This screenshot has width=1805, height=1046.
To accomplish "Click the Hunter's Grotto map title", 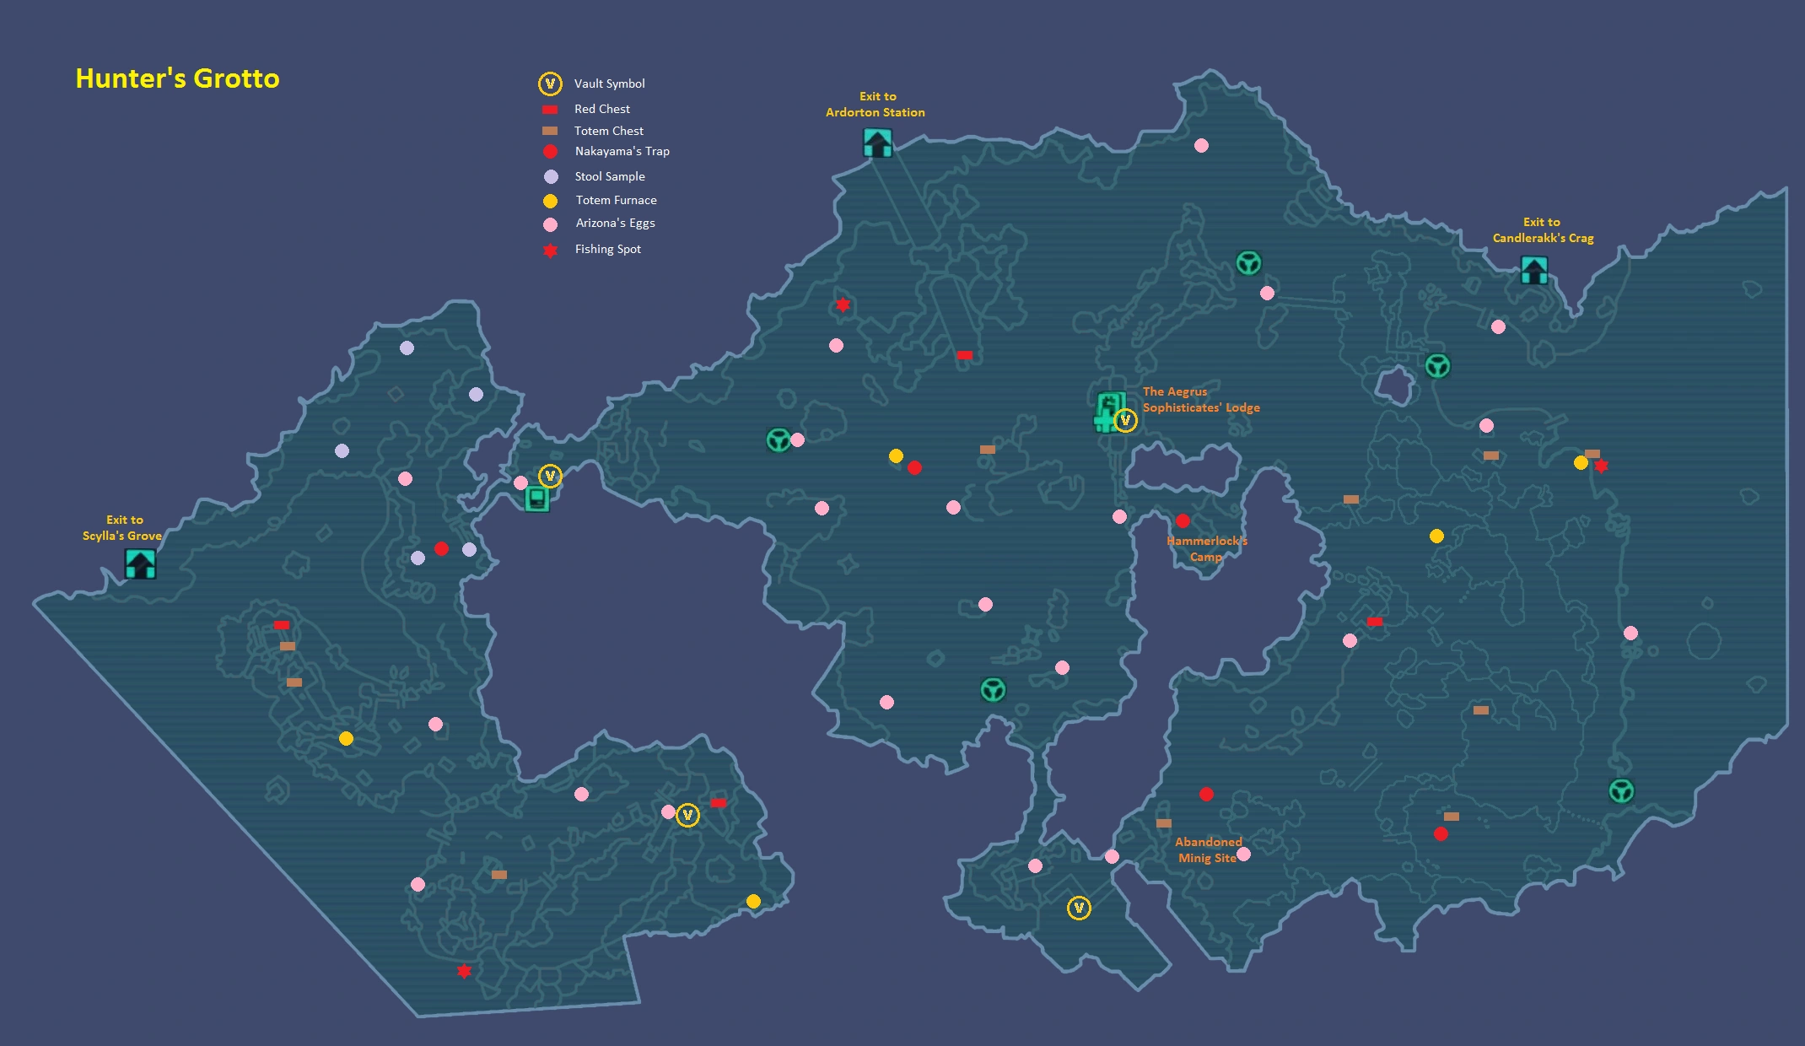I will click(x=177, y=78).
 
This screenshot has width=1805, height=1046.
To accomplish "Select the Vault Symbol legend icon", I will click(x=550, y=84).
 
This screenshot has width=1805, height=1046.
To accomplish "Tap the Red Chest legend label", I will click(x=602, y=109).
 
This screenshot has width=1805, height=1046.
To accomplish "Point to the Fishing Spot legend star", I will click(x=550, y=250).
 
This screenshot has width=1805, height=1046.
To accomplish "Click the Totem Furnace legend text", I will click(x=616, y=200).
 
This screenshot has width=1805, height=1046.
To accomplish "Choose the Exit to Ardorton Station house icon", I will click(x=877, y=143).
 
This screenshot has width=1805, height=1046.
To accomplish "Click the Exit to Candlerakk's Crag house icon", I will click(x=1533, y=270).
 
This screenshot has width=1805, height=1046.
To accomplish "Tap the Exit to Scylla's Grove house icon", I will click(x=140, y=563).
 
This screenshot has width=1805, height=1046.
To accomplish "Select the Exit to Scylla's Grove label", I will click(x=122, y=527).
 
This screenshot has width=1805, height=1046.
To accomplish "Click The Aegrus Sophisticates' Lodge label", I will click(x=1201, y=400).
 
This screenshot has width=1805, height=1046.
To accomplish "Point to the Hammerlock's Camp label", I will click(x=1206, y=548).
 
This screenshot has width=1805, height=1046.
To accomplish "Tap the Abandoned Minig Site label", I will click(x=1208, y=849).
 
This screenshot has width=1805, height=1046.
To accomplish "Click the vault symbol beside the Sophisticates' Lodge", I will click(x=1125, y=420).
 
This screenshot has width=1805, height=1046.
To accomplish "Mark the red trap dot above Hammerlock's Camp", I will click(x=1183, y=520).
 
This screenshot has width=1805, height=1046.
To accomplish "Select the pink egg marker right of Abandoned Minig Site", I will click(x=1243, y=854).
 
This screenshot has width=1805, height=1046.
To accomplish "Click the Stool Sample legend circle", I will click(x=551, y=176).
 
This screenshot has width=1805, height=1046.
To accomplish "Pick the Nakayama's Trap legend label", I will click(x=622, y=151).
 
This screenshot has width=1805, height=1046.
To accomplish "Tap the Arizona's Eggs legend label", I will click(x=615, y=223).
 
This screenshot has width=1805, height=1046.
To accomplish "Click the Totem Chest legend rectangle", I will click(x=550, y=131).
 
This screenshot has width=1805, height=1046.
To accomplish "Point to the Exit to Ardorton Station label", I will click(x=876, y=104).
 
